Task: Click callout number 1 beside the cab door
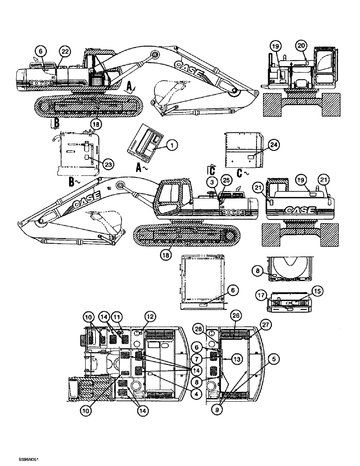coord(171,146)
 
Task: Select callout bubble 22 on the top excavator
coord(64,52)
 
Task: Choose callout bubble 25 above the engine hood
coord(226,179)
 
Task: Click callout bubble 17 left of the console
coord(262,295)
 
